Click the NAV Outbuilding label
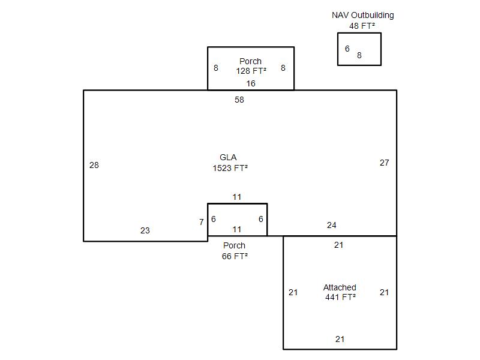click(363, 16)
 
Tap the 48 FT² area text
click(362, 26)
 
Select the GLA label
click(228, 157)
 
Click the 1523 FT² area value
click(230, 168)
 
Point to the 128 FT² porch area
click(251, 71)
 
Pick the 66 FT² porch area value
click(235, 256)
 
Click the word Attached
click(340, 287)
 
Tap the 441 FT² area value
click(340, 297)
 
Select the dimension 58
click(239, 100)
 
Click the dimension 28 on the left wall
click(94, 166)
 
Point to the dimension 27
click(385, 163)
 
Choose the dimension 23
click(145, 230)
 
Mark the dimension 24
click(332, 226)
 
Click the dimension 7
click(202, 222)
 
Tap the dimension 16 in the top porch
click(251, 83)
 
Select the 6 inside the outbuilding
click(347, 49)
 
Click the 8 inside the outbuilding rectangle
click(359, 55)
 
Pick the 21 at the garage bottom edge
click(340, 339)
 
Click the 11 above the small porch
click(236, 197)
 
